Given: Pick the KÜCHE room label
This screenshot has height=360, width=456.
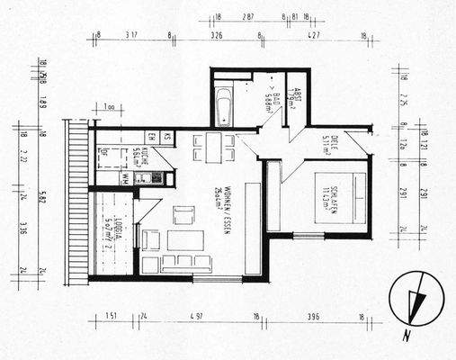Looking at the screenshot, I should click(x=136, y=158).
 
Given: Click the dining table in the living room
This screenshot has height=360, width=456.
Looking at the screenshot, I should click(x=213, y=147).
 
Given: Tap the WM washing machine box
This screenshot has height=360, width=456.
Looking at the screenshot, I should click(x=124, y=179).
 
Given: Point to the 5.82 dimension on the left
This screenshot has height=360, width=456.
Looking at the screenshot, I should click(x=42, y=200).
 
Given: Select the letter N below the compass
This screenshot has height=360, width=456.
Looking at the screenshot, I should click(x=407, y=337).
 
